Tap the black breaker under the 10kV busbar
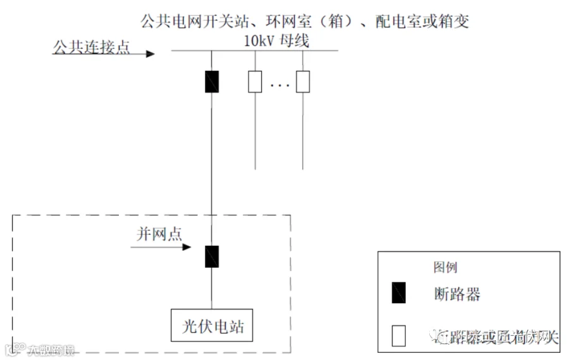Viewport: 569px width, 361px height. click(x=212, y=82)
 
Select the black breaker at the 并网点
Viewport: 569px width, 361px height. click(x=212, y=256)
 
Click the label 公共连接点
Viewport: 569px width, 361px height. click(x=92, y=47)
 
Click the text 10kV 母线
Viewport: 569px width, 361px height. click(x=279, y=41)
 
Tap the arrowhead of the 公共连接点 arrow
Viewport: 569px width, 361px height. click(x=150, y=54)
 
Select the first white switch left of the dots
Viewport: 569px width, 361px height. click(x=254, y=82)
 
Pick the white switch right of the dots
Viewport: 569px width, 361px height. click(x=303, y=82)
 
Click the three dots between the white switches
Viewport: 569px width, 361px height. click(x=279, y=84)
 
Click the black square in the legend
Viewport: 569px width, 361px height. click(x=398, y=293)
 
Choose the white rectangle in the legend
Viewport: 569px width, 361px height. click(x=398, y=336)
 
